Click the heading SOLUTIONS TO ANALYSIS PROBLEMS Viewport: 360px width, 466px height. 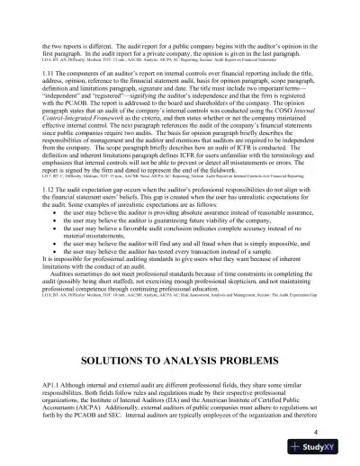point(180,337)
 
